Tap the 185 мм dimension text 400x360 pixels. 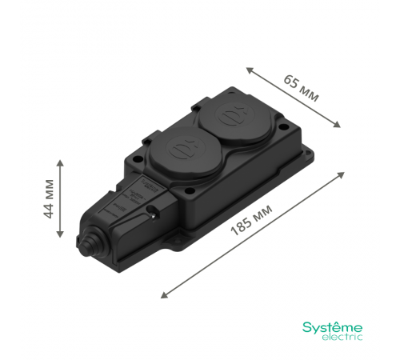coord(250,218)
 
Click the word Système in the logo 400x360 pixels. coord(331,327)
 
